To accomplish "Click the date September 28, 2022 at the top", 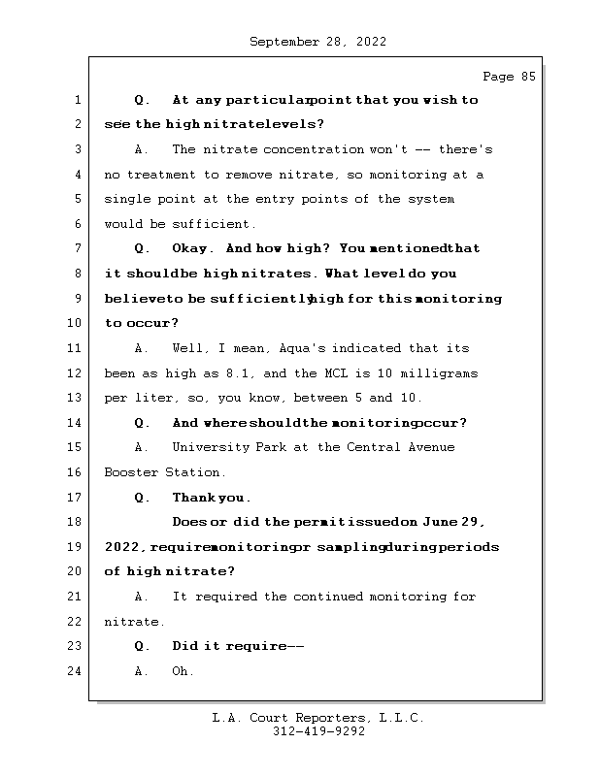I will [317, 42].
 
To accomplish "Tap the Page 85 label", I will [509, 77].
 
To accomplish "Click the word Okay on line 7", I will [191, 248].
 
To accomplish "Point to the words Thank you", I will [211, 498].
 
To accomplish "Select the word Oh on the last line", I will [183, 671].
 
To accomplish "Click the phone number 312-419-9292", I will [318, 732].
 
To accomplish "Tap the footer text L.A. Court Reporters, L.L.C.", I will [318, 719].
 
